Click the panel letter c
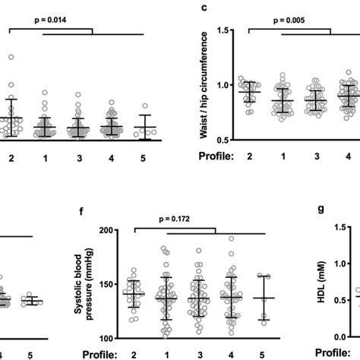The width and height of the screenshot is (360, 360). click(x=204, y=7)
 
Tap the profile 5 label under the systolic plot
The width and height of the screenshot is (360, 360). click(x=262, y=354)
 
